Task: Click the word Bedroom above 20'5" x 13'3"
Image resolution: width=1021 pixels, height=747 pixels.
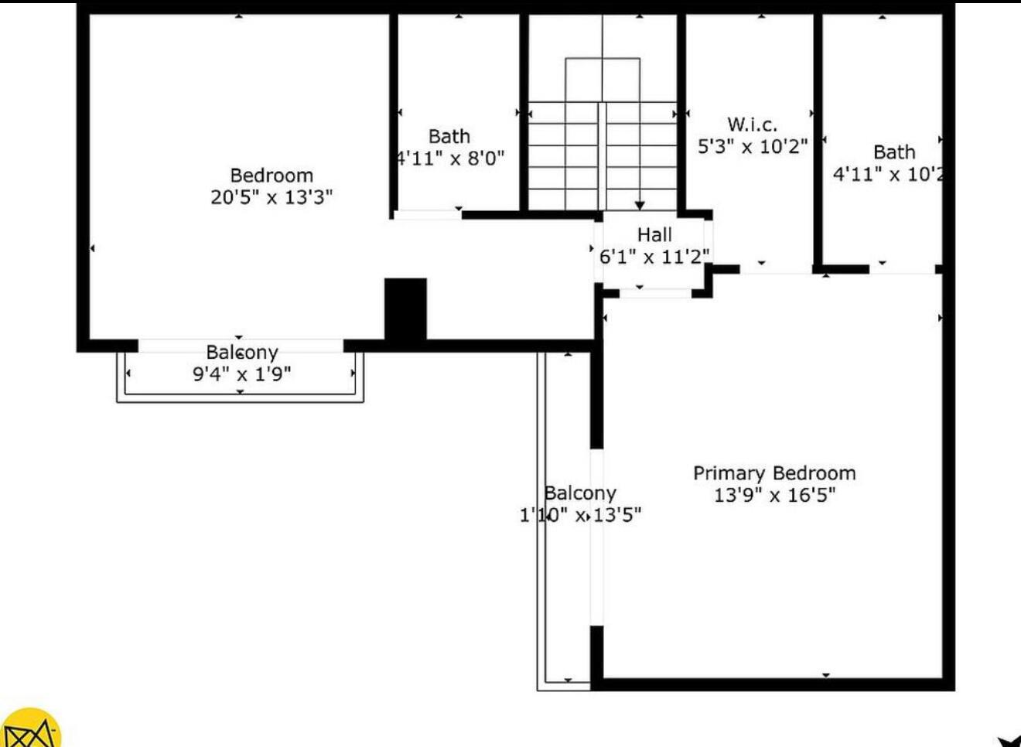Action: click(271, 176)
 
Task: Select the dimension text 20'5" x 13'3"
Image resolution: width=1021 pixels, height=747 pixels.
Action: click(271, 197)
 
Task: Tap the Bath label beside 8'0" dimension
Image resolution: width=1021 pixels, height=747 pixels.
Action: click(449, 137)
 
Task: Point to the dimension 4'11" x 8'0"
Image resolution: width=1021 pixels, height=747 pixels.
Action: click(450, 159)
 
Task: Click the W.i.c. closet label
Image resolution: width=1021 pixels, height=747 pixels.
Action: click(752, 124)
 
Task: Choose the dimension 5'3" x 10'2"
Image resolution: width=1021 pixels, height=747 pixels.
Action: click(752, 146)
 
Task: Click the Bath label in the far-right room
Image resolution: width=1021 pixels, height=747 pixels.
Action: click(894, 152)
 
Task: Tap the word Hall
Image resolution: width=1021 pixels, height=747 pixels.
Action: click(654, 235)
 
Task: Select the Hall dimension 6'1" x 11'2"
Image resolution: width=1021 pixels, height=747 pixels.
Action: click(654, 257)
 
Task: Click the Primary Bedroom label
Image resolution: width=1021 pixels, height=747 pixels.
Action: click(774, 473)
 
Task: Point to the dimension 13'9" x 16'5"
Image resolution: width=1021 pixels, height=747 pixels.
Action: click(774, 495)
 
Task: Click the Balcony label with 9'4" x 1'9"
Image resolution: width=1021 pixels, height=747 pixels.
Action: click(241, 353)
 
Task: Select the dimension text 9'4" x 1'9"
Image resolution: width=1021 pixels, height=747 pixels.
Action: click(241, 374)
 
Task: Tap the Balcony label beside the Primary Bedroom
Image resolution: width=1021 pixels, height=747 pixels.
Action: click(580, 493)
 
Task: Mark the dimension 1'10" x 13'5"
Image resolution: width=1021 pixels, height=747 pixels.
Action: click(580, 515)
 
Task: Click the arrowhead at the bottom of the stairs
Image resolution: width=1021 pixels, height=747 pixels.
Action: click(640, 205)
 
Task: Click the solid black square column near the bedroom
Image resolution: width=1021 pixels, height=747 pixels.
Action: click(405, 308)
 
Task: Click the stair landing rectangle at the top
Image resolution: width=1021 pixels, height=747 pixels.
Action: click(603, 79)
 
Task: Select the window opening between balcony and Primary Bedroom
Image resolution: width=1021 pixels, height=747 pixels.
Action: click(596, 537)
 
